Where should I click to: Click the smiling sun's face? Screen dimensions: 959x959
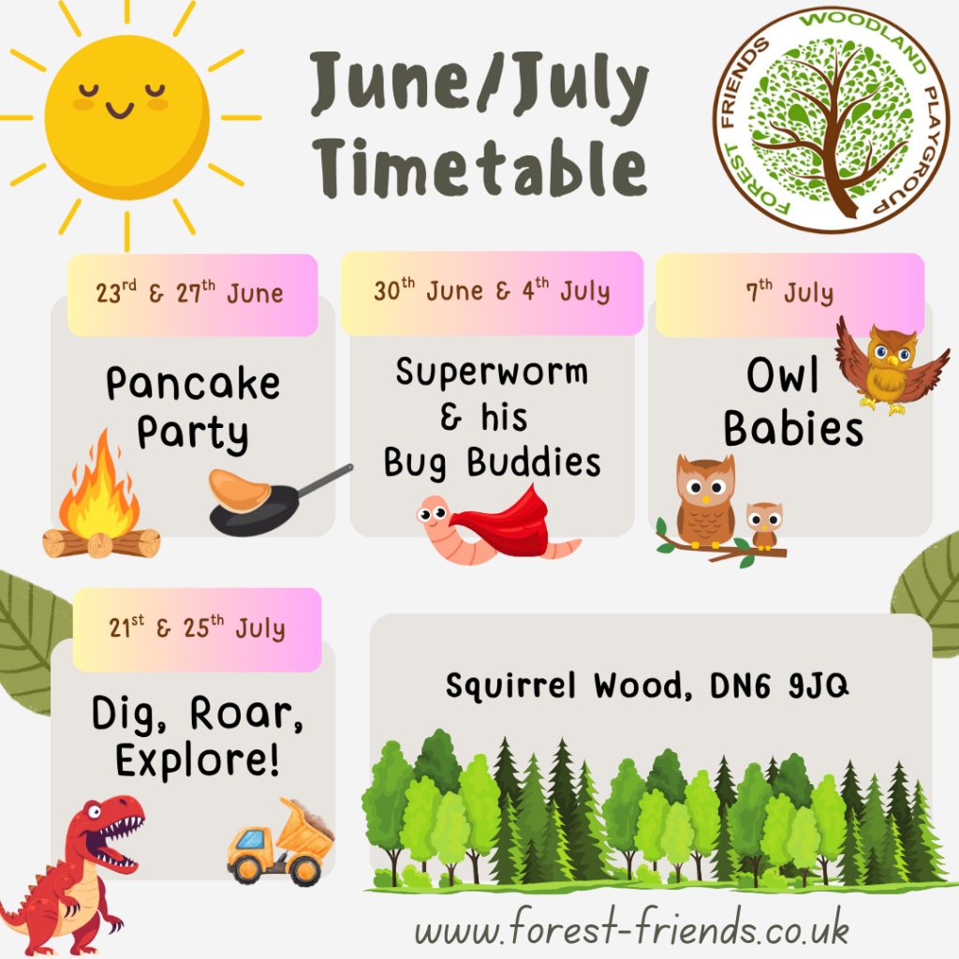(x=126, y=116)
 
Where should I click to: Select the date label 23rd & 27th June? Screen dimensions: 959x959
(x=189, y=292)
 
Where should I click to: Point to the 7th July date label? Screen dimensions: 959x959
(x=789, y=291)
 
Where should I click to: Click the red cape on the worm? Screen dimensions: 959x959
(x=503, y=522)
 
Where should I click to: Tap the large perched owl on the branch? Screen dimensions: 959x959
(x=705, y=502)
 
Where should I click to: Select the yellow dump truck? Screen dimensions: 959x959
(x=281, y=842)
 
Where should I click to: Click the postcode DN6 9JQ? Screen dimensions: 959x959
(x=779, y=685)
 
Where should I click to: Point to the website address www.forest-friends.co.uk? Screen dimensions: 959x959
(x=632, y=926)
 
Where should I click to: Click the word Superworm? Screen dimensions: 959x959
(x=492, y=372)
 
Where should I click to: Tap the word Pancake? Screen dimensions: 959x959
(x=193, y=383)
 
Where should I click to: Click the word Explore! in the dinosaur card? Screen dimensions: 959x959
(x=198, y=760)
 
